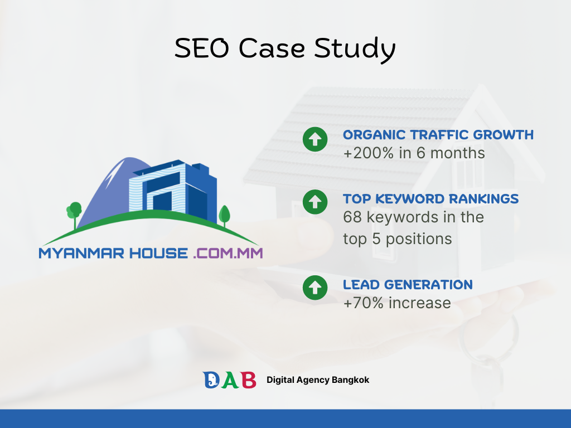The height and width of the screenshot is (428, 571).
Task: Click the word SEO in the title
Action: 202,48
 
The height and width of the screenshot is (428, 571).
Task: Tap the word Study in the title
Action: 355,50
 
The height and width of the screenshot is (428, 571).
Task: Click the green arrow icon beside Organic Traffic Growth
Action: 315,139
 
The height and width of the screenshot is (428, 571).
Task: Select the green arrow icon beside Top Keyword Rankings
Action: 315,202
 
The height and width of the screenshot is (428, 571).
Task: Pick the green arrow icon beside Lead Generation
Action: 315,288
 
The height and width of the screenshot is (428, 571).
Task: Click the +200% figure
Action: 369,153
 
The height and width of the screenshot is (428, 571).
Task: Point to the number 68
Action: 352,217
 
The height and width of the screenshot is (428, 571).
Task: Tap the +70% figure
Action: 364,303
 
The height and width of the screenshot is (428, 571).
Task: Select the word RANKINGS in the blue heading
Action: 483,199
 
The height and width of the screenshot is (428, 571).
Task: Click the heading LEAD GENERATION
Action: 408,285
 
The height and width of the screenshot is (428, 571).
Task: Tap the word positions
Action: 419,240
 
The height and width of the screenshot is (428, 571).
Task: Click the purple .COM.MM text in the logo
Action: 228,254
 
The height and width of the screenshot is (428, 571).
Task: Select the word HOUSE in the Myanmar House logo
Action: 159,254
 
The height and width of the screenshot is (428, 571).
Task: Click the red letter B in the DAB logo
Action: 249,380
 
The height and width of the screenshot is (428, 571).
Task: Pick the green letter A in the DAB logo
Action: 230,380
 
